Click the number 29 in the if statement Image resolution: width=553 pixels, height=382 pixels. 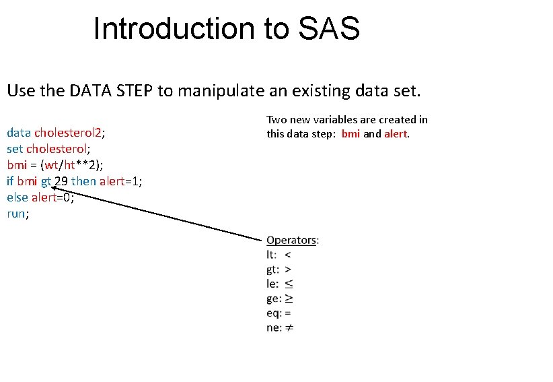click(x=61, y=181)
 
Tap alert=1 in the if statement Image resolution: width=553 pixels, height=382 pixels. click(x=118, y=181)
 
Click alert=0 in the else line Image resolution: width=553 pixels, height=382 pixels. click(x=51, y=197)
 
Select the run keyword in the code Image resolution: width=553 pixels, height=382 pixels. click(x=17, y=214)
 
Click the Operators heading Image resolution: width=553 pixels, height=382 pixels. click(x=293, y=240)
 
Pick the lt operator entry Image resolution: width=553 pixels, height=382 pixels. click(x=279, y=255)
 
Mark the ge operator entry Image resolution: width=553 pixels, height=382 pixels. click(x=280, y=298)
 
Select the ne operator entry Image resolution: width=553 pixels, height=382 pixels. click(x=280, y=328)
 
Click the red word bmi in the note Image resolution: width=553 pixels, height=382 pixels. click(x=351, y=133)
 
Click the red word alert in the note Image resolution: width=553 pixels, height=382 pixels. click(x=397, y=133)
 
